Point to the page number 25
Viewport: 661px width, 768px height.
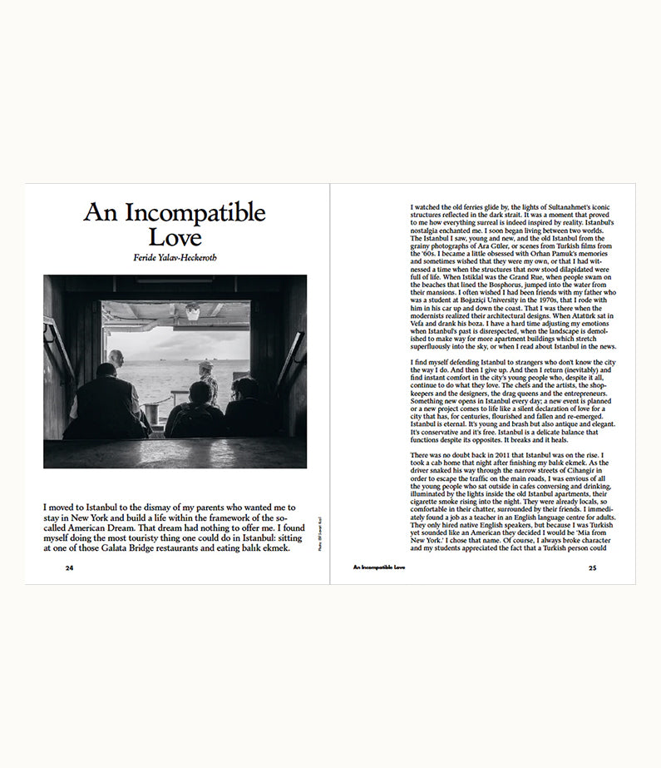(592, 568)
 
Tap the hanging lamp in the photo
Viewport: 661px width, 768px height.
(193, 312)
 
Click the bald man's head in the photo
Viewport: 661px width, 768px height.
(116, 358)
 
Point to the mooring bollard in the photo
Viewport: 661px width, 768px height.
(151, 412)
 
